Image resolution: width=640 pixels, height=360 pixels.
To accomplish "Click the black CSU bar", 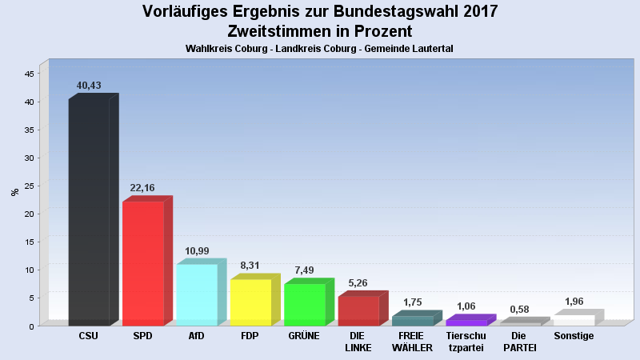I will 89,212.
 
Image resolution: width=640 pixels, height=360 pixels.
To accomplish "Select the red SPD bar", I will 142,263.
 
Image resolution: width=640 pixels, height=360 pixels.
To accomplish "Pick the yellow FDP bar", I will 250,302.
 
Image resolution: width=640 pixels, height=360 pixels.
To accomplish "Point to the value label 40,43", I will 89,86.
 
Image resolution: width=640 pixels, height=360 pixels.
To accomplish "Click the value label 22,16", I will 142,188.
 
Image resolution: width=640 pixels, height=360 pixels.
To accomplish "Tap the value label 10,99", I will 197,251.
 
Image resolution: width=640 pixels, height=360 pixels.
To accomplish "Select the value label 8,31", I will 250,266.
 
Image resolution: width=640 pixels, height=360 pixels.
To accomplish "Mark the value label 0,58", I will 519,310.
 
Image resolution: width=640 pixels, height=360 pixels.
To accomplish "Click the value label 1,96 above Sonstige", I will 574,302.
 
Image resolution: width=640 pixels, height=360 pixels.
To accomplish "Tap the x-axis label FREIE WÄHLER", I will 412,342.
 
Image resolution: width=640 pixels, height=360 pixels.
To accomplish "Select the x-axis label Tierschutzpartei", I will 466,342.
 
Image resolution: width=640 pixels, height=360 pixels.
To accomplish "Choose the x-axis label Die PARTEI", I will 519,342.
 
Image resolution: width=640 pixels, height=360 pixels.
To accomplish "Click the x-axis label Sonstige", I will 574,336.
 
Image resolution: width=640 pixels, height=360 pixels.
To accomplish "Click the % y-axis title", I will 14,192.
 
